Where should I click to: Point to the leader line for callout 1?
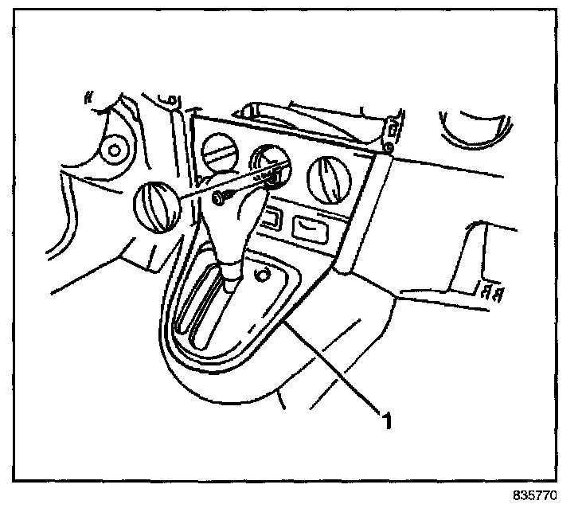[334, 366]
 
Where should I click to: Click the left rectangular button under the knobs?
[270, 217]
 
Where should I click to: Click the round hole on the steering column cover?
[115, 148]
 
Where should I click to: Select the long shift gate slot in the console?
[209, 311]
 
